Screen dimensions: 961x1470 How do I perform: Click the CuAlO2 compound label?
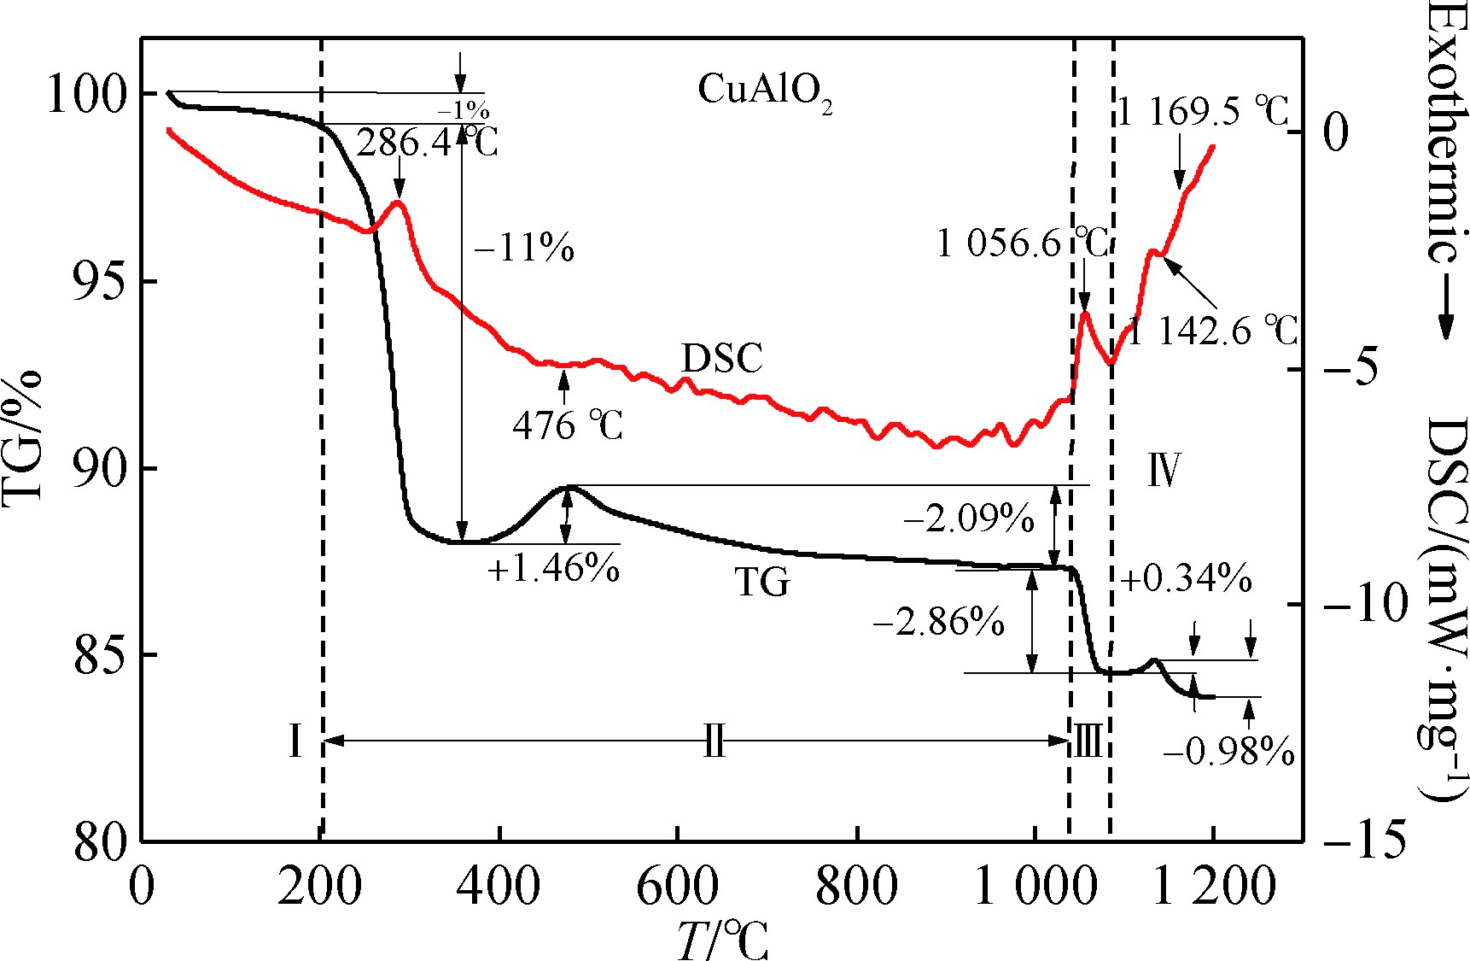(764, 91)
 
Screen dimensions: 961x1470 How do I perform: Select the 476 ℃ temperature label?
(568, 425)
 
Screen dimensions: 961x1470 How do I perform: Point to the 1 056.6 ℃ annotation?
(1023, 244)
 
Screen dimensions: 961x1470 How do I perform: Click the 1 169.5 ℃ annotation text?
(1203, 111)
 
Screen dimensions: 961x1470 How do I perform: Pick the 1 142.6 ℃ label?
(1213, 331)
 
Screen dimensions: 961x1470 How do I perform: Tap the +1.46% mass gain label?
(553, 567)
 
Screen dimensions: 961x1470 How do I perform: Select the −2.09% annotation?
(969, 519)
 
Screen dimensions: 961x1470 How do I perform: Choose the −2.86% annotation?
(938, 622)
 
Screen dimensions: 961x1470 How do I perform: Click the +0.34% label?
(1187, 579)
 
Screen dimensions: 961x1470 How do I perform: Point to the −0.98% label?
(1228, 752)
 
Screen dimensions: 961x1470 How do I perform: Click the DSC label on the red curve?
(722, 359)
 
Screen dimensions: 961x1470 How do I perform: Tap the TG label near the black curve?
(762, 583)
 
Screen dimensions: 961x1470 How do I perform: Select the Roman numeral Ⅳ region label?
(1164, 470)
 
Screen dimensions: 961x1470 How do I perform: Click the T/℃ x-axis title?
(722, 940)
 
